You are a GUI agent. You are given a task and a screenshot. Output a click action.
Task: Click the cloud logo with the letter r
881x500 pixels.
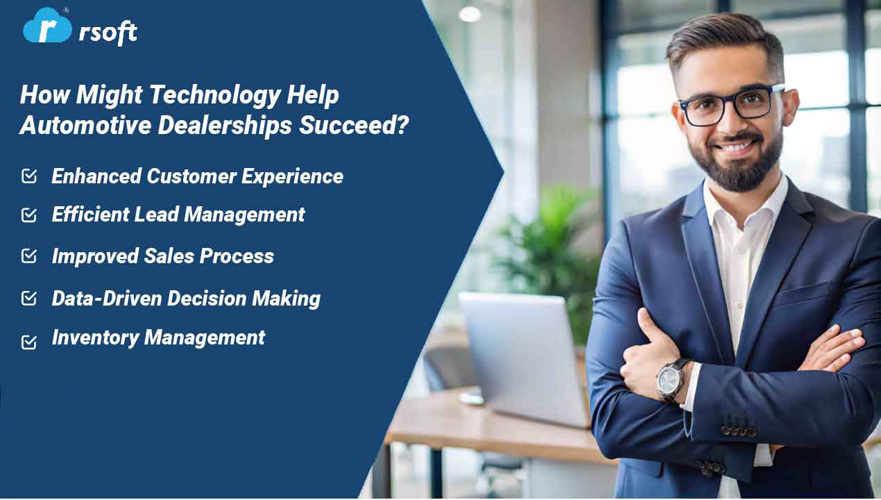[47, 26]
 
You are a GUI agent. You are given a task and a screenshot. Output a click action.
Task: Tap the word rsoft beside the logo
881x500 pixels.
[108, 31]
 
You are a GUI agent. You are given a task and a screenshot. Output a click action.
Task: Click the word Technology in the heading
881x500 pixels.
[215, 95]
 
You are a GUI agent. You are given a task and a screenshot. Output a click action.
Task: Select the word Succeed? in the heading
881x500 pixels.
[354, 125]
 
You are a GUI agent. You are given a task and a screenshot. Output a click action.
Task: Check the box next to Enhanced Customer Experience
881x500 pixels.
[30, 176]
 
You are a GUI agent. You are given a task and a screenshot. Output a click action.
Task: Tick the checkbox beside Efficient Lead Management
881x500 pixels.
[29, 215]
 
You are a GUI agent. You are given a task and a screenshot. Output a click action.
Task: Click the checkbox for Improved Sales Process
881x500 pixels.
[29, 256]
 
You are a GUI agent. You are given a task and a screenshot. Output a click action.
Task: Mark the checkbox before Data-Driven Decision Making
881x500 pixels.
[29, 298]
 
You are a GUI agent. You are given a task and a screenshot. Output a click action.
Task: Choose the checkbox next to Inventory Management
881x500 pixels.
[29, 342]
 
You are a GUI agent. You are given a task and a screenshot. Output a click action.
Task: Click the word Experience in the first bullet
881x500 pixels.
[292, 177]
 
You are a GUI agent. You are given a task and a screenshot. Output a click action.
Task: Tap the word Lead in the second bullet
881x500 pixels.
[157, 215]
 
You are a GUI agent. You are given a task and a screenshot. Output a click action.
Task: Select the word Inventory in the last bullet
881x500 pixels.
[96, 337]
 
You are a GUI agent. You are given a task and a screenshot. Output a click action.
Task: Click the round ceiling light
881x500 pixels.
[470, 14]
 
